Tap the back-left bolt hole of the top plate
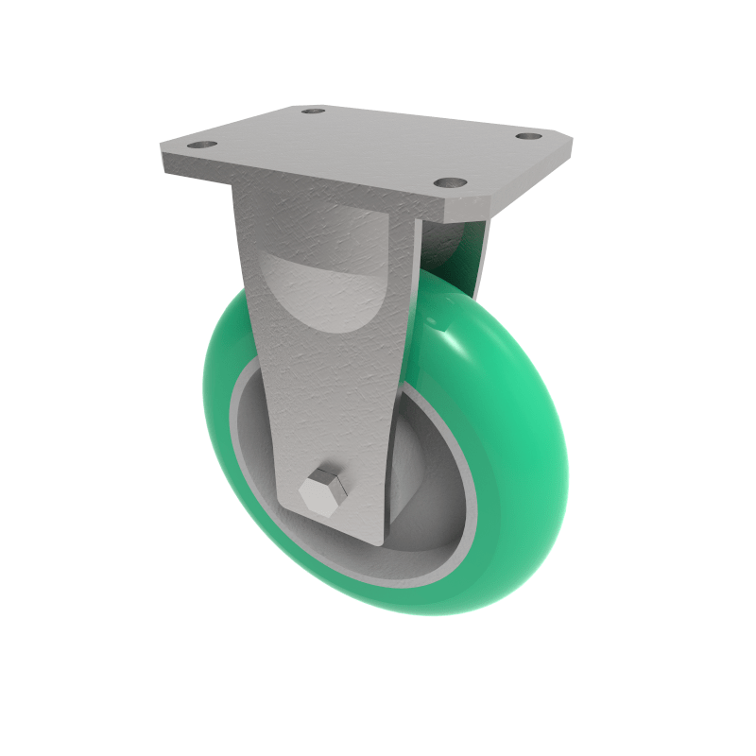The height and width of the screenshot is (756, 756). (x=313, y=112)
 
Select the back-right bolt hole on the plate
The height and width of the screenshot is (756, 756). (x=527, y=137)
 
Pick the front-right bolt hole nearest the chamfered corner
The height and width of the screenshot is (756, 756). (x=450, y=181)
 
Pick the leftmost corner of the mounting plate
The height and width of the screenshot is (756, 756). (x=162, y=151)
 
